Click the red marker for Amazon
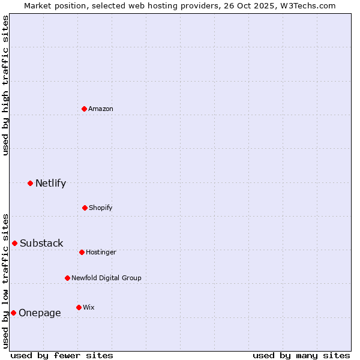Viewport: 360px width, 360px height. pos(85,109)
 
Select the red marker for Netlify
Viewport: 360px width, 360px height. pos(30,183)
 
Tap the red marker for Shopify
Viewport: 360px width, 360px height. pos(85,208)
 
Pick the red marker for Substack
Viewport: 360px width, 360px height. pos(14,243)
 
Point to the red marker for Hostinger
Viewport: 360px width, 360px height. pos(82,252)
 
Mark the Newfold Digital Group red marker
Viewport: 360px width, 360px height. pos(67,278)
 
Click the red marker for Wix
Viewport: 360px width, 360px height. pos(79,307)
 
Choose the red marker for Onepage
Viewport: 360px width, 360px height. pos(13,313)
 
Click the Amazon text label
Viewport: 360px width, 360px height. pos(101,109)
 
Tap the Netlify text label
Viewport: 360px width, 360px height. pos(50,183)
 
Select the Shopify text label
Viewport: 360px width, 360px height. pos(101,208)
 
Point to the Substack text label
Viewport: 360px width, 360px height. pos(41,243)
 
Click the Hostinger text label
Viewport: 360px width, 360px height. pos(101,252)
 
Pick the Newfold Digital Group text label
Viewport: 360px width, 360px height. pos(106,278)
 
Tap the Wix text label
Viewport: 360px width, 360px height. pos(89,307)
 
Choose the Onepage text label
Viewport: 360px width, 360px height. pos(40,313)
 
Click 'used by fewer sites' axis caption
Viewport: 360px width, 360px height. pos(62,355)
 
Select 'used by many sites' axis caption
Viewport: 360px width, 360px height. pos(301,355)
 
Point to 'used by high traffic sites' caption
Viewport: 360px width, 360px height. pos(5,85)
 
